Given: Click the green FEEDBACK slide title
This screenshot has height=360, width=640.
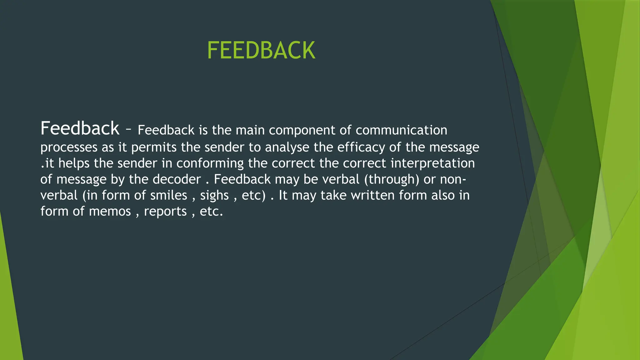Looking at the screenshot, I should (x=261, y=51).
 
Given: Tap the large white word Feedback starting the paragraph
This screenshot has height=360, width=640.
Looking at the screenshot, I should (x=80, y=128).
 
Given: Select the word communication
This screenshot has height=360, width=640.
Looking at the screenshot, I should (x=401, y=130).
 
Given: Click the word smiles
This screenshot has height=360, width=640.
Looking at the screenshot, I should (x=169, y=196).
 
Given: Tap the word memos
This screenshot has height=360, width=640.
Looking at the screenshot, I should (x=110, y=212).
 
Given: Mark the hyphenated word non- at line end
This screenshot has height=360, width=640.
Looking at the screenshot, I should (x=453, y=180).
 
